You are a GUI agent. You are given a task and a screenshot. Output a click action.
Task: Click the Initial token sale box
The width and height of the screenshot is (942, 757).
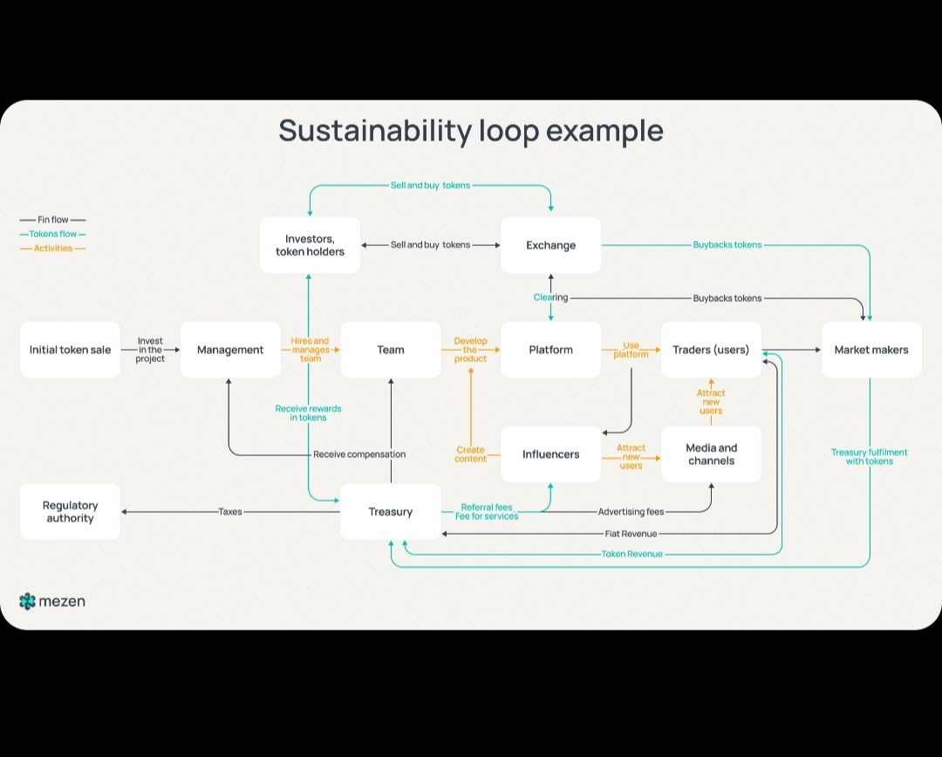click(70, 350)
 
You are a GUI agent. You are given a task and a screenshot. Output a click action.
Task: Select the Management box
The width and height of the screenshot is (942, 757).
click(230, 350)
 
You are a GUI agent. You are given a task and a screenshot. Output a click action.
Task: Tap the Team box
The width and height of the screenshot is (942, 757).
click(391, 350)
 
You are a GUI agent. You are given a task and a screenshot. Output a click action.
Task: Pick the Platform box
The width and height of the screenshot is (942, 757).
click(550, 350)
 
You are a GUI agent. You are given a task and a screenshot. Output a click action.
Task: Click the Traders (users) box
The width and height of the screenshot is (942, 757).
click(711, 350)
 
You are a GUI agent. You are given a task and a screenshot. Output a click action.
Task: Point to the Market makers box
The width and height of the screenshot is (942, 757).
click(871, 350)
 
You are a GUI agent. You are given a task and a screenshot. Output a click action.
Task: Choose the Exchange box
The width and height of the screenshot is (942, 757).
click(550, 245)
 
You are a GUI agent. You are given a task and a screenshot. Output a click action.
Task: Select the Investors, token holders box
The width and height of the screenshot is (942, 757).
click(310, 245)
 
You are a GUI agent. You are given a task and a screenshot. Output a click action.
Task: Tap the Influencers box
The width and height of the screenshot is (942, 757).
click(550, 454)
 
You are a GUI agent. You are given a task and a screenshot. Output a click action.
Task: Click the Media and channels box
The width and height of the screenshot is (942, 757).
click(711, 454)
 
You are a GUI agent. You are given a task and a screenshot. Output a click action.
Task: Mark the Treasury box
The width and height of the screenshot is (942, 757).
click(390, 512)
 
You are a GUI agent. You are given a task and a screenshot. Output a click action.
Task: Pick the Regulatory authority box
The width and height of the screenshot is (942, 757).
click(70, 512)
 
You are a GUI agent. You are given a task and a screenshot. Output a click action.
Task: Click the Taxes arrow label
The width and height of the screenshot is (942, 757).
click(230, 512)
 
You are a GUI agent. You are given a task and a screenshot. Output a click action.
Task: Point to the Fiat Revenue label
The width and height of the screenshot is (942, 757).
click(631, 534)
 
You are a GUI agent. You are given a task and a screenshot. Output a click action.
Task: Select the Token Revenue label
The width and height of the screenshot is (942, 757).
click(631, 554)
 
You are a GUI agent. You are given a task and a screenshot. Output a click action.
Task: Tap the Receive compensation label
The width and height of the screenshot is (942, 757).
click(359, 454)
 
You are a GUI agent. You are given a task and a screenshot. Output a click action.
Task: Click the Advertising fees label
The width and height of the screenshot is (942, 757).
click(631, 512)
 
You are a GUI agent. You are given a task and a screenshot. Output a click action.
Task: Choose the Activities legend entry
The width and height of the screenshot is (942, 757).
click(52, 249)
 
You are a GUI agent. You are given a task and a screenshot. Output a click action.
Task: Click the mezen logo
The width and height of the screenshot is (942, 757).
click(52, 601)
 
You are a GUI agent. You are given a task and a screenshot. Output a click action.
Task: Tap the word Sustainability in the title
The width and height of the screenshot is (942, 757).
click(375, 131)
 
